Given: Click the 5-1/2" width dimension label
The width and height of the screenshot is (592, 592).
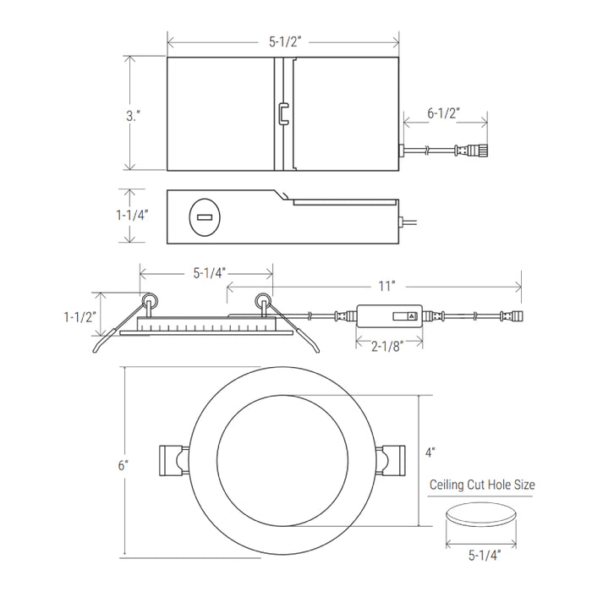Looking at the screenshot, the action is pyautogui.click(x=285, y=41).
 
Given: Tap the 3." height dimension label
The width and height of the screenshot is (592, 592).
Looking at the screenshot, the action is pyautogui.click(x=134, y=116).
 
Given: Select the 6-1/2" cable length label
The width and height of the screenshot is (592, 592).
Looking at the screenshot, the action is pyautogui.click(x=444, y=112).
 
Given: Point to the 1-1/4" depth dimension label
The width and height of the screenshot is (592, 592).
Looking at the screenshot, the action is pyautogui.click(x=132, y=215).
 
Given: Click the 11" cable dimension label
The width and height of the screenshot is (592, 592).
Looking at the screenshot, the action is pyautogui.click(x=387, y=286).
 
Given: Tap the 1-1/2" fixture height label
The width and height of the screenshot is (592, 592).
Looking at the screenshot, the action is pyautogui.click(x=80, y=317).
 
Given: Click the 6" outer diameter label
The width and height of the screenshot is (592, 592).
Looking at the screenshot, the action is pyautogui.click(x=123, y=465).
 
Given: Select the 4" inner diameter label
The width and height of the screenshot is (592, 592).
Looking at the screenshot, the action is pyautogui.click(x=430, y=452).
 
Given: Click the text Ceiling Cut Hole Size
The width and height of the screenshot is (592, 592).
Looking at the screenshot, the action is pyautogui.click(x=482, y=485).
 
